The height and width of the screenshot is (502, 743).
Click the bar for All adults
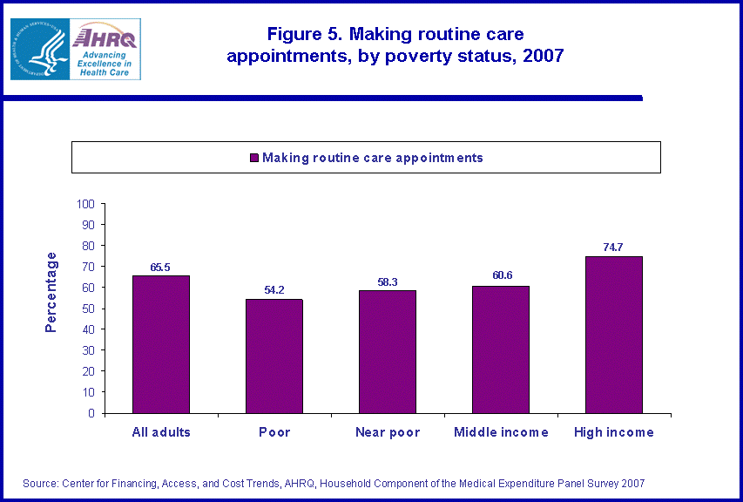161,344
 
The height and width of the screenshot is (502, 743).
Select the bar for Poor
274,356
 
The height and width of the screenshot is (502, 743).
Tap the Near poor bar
388,351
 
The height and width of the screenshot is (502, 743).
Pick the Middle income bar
501,349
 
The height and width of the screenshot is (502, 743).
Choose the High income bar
614,335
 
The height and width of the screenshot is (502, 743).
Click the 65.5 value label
161,267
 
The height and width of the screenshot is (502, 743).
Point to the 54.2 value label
274,290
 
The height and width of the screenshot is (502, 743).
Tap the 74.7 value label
613,248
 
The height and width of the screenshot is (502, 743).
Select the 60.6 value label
501,276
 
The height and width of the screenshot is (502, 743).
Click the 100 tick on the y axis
85,204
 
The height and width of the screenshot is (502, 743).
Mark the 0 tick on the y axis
91,413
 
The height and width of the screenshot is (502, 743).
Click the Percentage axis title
51,292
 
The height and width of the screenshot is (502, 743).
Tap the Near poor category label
388,432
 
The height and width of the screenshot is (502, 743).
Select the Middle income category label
501,432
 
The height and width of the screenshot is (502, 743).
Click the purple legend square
254,158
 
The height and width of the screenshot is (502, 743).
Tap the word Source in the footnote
40,483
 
